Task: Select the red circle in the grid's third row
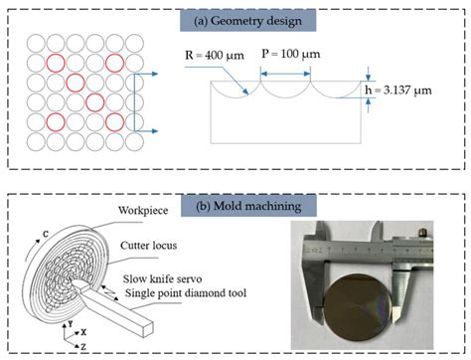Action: pos(76,83)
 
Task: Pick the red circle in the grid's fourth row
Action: pos(94,101)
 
